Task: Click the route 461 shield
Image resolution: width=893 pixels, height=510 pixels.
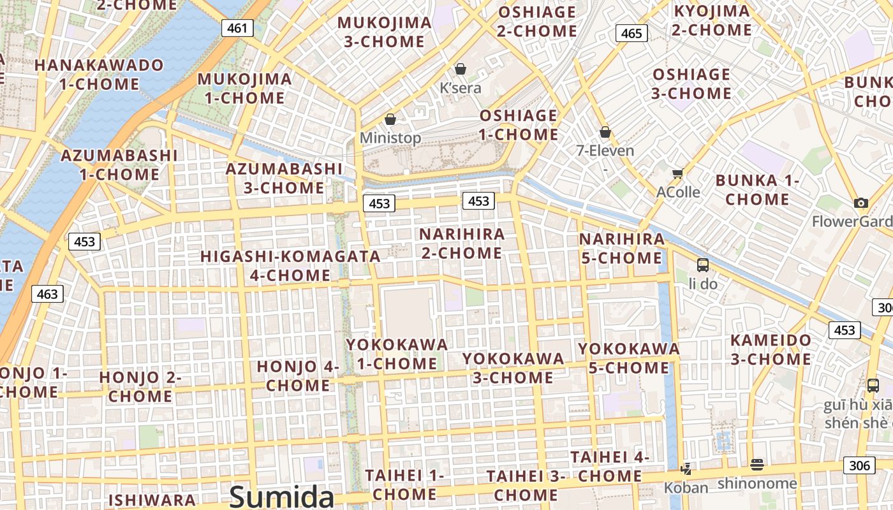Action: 237,28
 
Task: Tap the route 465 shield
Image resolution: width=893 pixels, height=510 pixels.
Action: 631,33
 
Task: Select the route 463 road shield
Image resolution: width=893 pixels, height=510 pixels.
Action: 47,294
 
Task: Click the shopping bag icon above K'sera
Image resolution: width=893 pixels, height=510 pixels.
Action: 460,69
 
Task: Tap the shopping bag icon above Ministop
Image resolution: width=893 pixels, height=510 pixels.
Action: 390,119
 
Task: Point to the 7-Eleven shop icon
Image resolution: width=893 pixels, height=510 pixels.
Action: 605,132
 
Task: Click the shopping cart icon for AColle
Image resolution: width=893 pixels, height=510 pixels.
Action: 677,173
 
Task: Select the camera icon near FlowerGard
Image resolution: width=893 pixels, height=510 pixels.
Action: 861,203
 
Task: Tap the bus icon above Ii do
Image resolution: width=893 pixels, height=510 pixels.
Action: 702,265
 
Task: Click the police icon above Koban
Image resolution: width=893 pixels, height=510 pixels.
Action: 686,470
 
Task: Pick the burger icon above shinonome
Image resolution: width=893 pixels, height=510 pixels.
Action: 757,465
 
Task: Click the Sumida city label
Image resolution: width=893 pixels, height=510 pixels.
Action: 281,496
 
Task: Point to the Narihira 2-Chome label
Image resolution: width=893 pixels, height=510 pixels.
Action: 462,244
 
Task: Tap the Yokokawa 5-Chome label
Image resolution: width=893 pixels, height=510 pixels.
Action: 628,358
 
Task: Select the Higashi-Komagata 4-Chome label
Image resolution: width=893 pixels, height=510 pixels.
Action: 290,266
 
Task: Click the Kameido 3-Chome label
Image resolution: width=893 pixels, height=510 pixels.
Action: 771,349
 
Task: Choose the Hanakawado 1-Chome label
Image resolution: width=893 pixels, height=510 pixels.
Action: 99,75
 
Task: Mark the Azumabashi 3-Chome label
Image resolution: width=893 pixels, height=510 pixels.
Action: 284,178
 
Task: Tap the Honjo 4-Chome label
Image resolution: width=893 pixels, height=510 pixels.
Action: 298,376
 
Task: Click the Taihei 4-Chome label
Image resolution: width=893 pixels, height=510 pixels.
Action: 610,466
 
